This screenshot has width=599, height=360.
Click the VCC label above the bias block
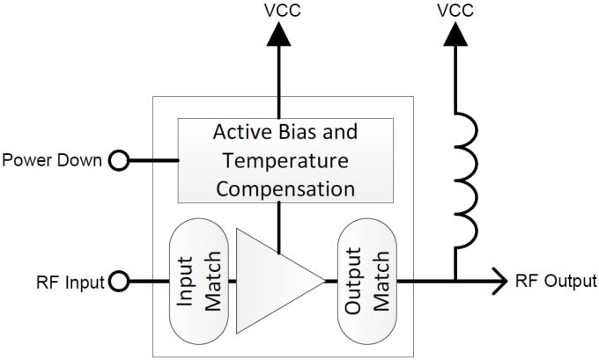coord(282,11)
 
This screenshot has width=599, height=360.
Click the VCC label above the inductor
coord(455,11)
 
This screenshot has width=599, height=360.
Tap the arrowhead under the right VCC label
coord(455,33)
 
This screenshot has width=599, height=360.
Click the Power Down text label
coord(53,160)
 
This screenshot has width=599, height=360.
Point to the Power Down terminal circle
coord(118,160)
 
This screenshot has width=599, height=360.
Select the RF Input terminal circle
coord(118,282)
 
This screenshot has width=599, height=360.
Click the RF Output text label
coord(557,282)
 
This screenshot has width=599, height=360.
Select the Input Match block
coord(200,282)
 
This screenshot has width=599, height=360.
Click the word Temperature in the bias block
coord(286,160)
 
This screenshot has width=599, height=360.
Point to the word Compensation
coord(286,187)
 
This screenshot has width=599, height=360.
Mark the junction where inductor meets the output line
coord(455,282)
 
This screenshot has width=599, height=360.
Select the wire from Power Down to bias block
coord(153,160)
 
